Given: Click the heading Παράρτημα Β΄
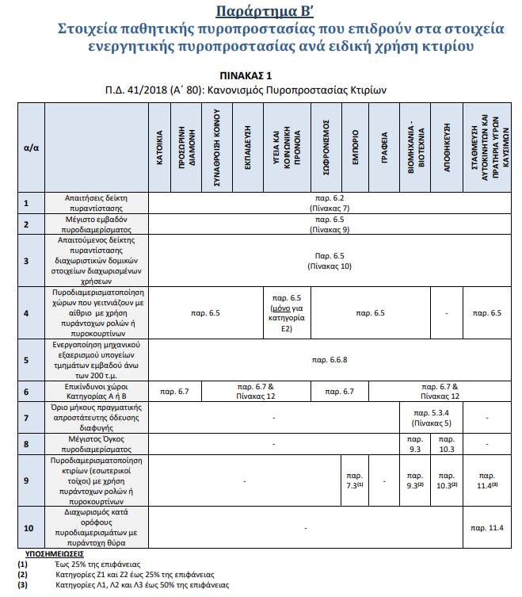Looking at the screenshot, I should [261, 11].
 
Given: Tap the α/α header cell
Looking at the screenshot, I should [32, 147].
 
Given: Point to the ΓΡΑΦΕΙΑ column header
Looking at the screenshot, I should [383, 147].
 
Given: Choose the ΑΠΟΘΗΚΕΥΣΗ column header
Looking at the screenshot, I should [447, 147].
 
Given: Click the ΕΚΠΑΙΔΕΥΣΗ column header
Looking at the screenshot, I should [247, 147].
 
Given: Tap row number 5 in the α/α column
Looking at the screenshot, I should [27, 360].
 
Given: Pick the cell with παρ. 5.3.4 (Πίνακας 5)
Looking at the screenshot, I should [431, 417].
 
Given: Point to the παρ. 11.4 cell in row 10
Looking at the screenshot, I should [486, 526].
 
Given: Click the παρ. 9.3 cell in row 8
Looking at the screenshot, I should [414, 443].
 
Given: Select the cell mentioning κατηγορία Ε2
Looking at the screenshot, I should [284, 313].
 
